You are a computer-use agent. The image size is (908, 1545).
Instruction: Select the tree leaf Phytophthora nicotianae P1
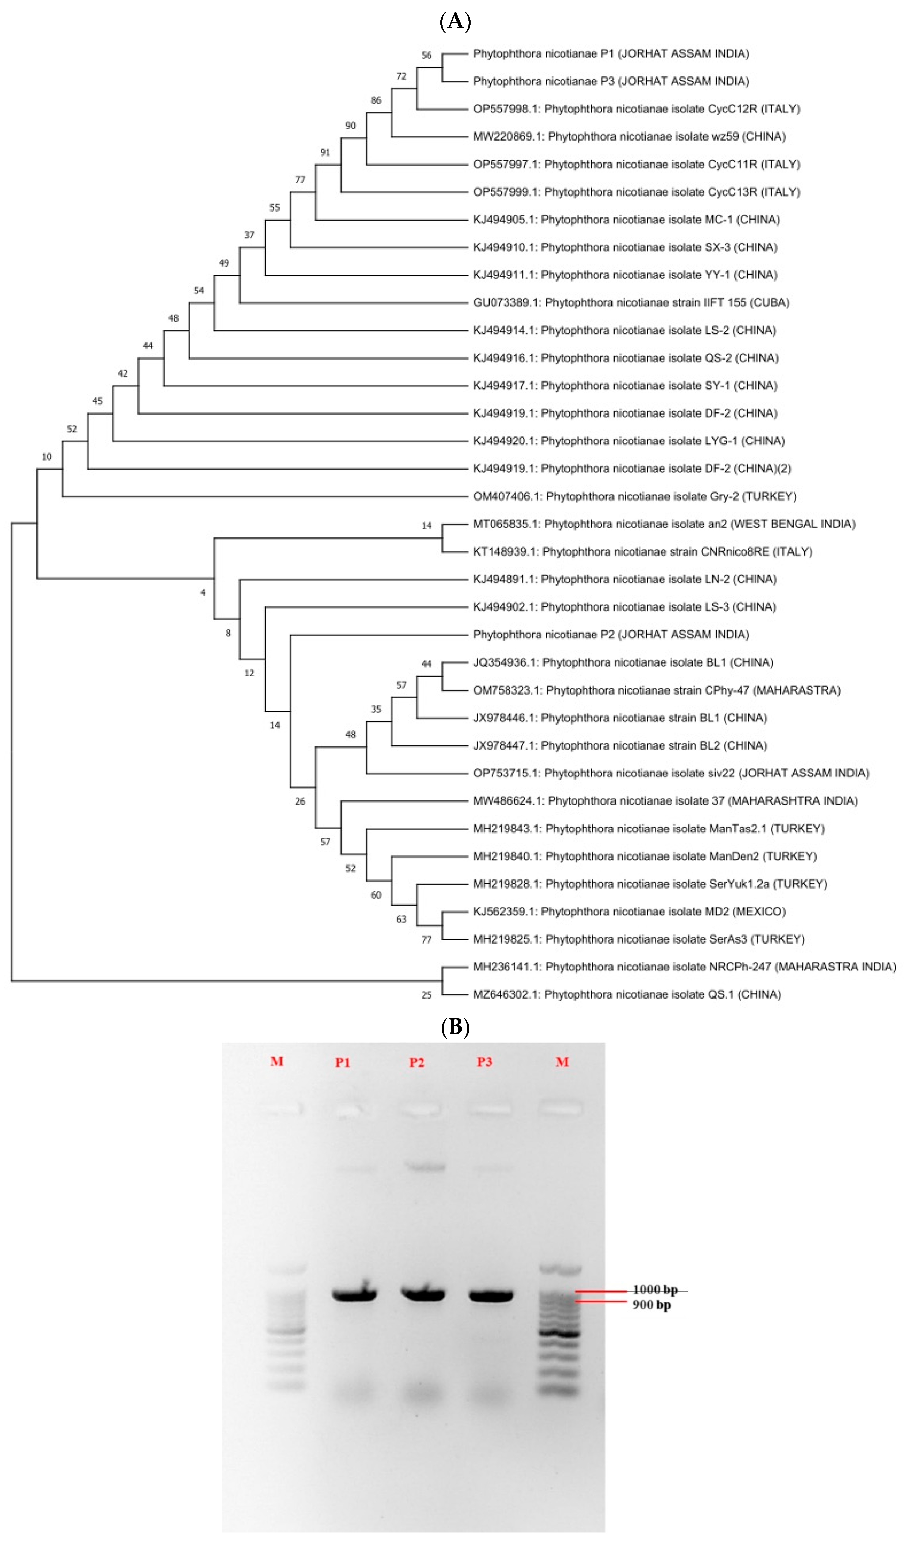(x=611, y=54)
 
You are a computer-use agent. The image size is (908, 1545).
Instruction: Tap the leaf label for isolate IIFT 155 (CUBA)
(x=631, y=302)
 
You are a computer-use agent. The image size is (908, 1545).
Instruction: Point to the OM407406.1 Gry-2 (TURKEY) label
(x=634, y=496)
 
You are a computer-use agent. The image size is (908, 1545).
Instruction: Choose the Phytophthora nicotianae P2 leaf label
(x=611, y=635)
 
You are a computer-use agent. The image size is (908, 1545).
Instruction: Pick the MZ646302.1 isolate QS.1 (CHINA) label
(x=626, y=994)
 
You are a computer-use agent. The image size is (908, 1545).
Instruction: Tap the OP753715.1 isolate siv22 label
(x=671, y=773)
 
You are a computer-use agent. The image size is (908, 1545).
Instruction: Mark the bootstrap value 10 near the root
(x=47, y=457)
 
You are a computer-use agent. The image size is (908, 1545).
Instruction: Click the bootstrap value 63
(x=401, y=919)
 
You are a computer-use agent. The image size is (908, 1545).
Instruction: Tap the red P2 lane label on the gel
(x=417, y=1062)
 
